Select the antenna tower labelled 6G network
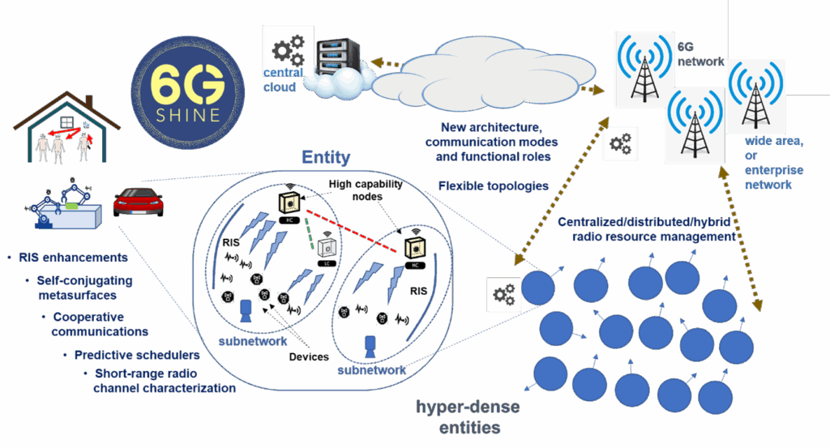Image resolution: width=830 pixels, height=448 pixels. pyautogui.click(x=644, y=70)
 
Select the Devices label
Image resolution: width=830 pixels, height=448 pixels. pyautogui.click(x=308, y=356)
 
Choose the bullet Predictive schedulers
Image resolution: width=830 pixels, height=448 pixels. pyautogui.click(x=131, y=355)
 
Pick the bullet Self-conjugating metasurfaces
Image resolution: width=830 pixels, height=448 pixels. pyautogui.click(x=84, y=288)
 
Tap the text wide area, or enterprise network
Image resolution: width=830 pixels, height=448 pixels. pyautogui.click(x=774, y=163)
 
